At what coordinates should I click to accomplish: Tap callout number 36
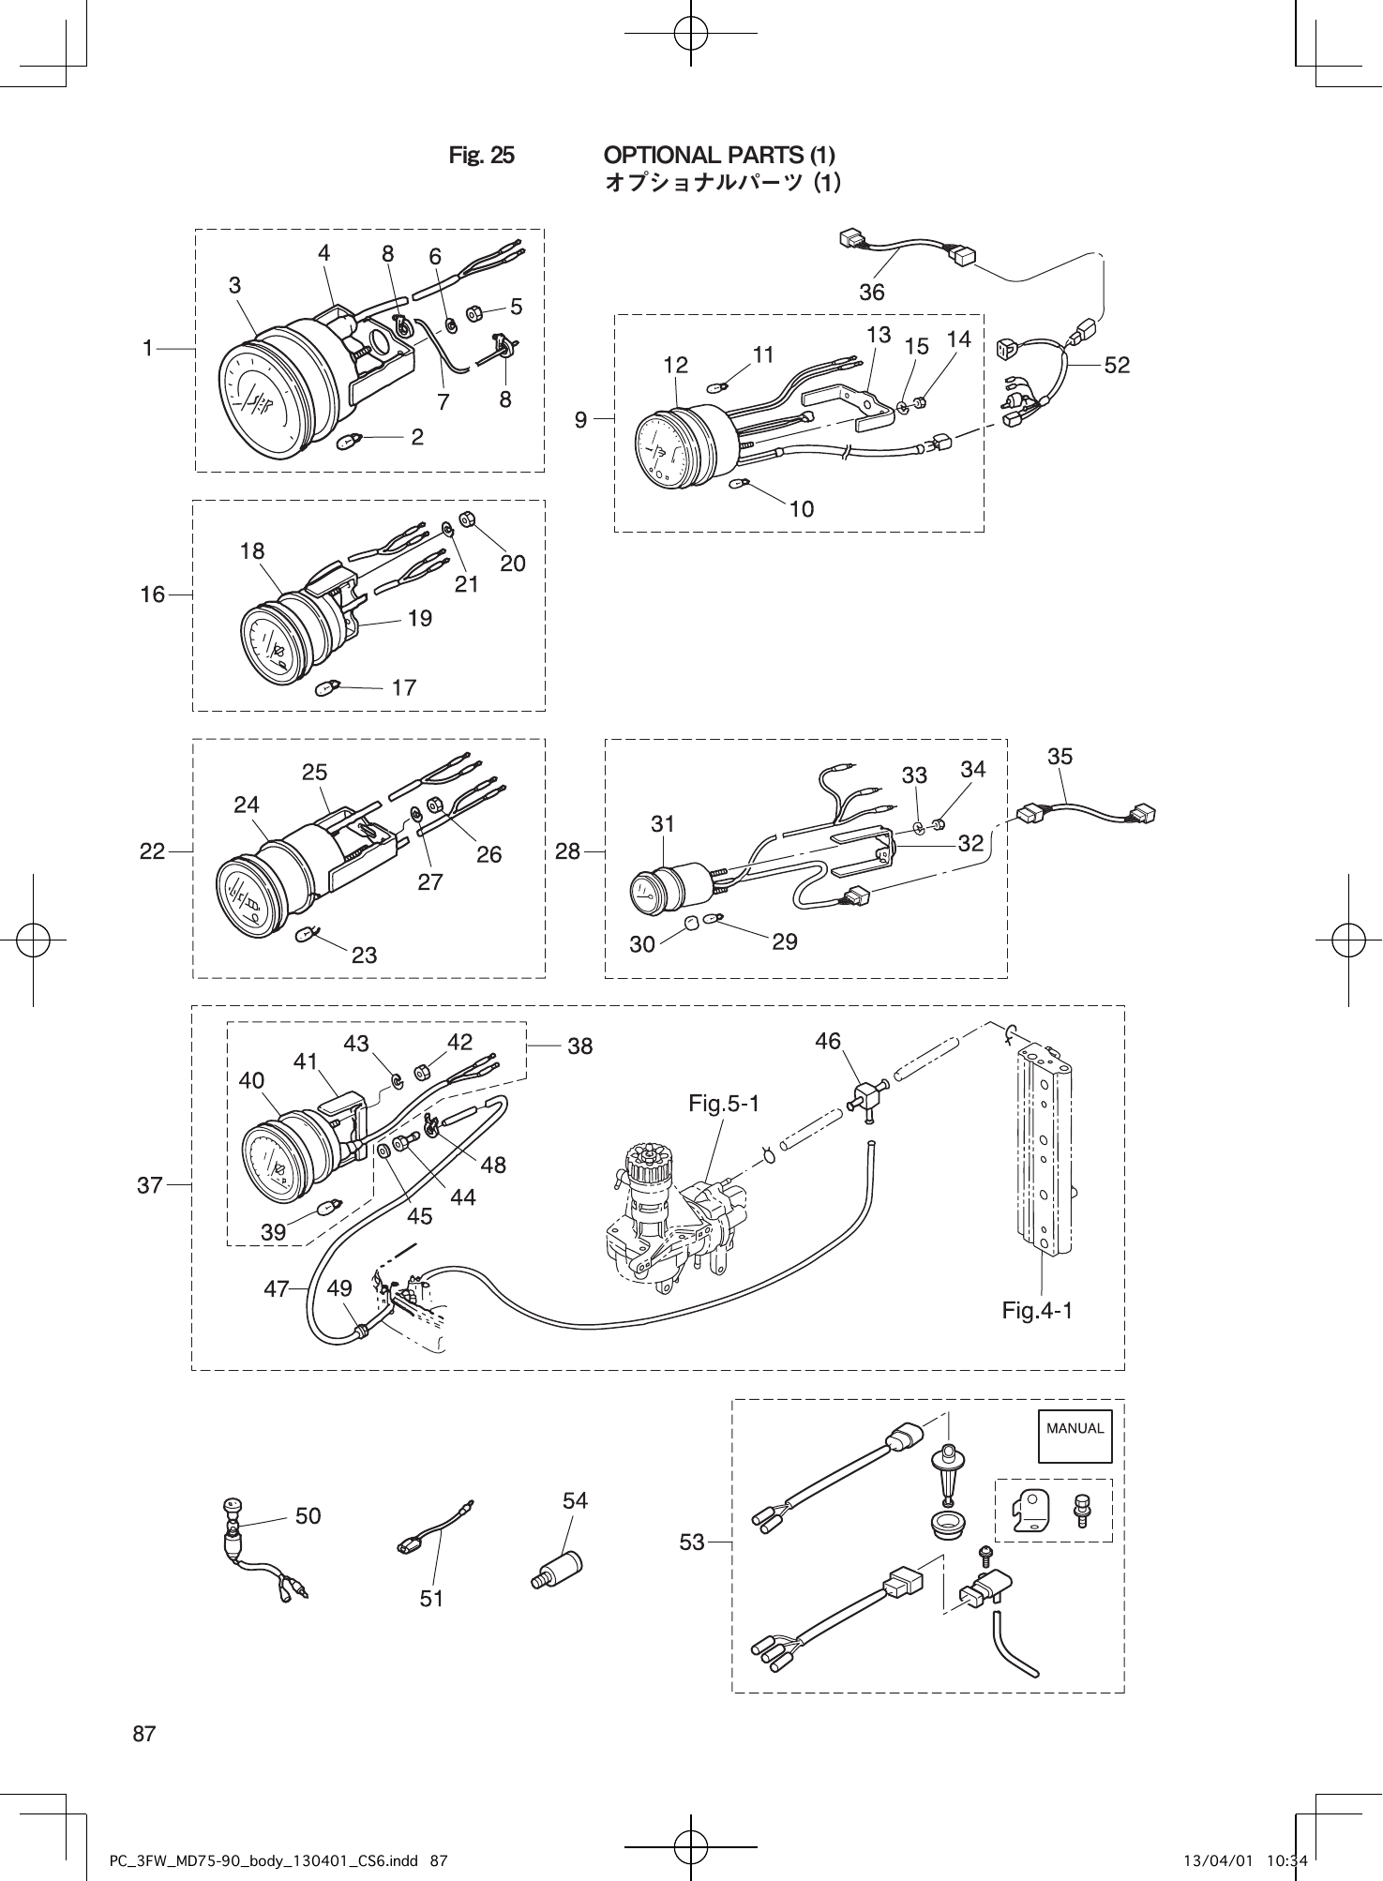[871, 293]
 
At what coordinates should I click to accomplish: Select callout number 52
[1117, 366]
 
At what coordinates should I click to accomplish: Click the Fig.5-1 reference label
[723, 1104]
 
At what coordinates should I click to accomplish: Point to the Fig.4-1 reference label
[1037, 1310]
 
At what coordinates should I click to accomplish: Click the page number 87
[144, 1734]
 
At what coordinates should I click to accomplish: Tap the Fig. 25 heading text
[481, 155]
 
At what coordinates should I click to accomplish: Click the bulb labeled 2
[347, 440]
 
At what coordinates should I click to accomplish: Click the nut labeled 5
[474, 312]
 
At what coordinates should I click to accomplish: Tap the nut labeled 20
[467, 519]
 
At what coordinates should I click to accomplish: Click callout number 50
[308, 1516]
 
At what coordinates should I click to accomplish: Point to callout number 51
[431, 1599]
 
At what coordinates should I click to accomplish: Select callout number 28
[567, 851]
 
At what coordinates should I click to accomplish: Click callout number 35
[1060, 756]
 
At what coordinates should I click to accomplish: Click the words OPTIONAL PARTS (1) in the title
[719, 155]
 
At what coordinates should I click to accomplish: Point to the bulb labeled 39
[330, 1210]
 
